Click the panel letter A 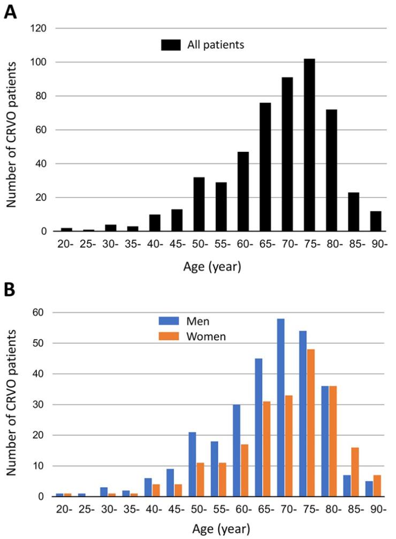[x=10, y=11]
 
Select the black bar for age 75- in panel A [x=309, y=145]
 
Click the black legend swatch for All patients [x=170, y=45]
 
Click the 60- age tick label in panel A [x=243, y=246]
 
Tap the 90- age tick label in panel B [x=377, y=511]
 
